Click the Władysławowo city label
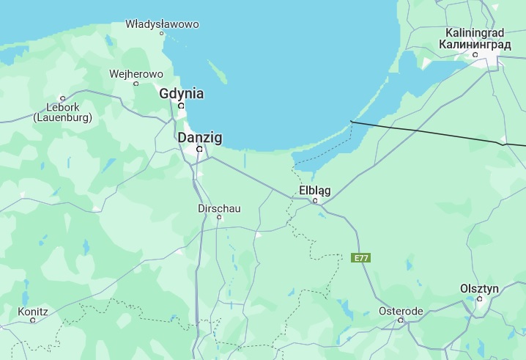click(162, 24)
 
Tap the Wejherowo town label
click(136, 74)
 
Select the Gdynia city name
click(182, 94)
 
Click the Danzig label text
click(200, 137)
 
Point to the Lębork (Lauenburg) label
click(63, 112)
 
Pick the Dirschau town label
click(219, 208)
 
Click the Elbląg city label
click(315, 191)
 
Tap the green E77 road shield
click(360, 258)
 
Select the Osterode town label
click(401, 311)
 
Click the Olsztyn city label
click(479, 289)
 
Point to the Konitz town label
click(33, 311)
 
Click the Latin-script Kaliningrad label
click(475, 33)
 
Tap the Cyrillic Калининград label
click(475, 45)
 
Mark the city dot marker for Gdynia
click(182, 106)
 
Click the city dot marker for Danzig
click(199, 149)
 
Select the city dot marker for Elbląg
click(316, 201)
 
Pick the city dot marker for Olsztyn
click(480, 299)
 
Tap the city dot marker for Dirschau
click(219, 217)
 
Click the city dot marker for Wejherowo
click(136, 84)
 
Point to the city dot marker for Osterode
click(401, 320)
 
